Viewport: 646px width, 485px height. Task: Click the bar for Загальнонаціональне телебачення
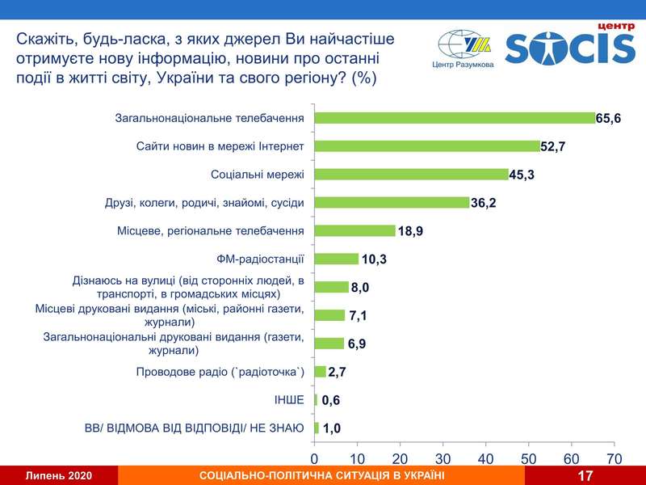tap(455, 118)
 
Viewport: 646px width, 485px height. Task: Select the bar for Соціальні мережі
tap(411, 174)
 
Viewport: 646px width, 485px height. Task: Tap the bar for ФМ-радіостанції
tap(336, 259)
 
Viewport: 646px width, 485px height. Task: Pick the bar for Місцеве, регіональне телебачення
tap(354, 230)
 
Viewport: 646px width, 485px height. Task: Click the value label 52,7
tap(555, 147)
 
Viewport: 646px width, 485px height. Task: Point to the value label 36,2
tap(484, 203)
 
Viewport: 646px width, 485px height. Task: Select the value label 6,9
tap(356, 344)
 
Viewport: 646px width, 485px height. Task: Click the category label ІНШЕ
tap(290, 400)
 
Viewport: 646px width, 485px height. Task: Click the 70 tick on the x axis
tap(614, 458)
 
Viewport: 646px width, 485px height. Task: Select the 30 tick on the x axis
tap(443, 458)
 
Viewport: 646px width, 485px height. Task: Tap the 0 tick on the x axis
tap(315, 458)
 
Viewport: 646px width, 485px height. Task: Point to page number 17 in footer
tap(586, 476)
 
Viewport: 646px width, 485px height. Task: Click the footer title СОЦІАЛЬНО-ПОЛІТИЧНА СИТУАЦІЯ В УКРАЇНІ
tap(321, 476)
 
